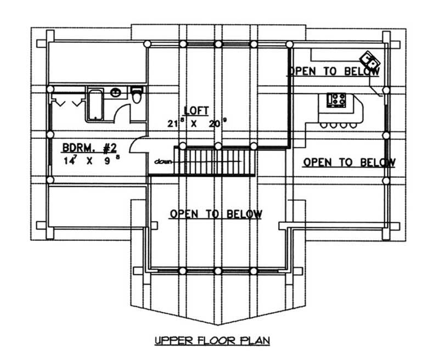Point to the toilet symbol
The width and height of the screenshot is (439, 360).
137,97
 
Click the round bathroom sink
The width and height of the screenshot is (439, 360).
116,92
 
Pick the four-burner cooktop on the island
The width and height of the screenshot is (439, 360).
336,100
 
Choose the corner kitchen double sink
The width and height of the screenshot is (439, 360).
368,59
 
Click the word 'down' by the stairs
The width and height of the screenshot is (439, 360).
163,161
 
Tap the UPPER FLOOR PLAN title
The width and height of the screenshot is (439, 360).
212,341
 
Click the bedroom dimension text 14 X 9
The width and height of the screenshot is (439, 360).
91,161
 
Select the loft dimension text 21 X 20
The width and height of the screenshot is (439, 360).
197,123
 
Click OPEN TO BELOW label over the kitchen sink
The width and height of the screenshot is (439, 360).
334,71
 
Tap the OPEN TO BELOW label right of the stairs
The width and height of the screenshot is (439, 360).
348,162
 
